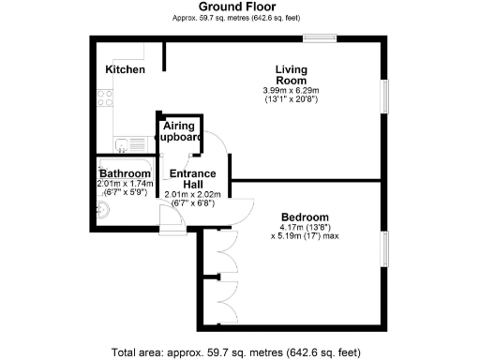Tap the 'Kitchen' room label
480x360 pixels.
tap(125, 70)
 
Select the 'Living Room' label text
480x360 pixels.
tap(291, 74)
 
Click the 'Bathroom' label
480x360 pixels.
tap(125, 174)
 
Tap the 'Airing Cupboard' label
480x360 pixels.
tap(179, 131)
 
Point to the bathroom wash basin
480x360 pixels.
tap(103, 211)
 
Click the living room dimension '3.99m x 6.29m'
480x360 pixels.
tap(291, 90)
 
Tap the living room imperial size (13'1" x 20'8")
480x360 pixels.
tap(291, 98)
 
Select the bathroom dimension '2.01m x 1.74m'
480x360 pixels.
tap(125, 184)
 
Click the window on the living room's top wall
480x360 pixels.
tap(320, 38)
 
